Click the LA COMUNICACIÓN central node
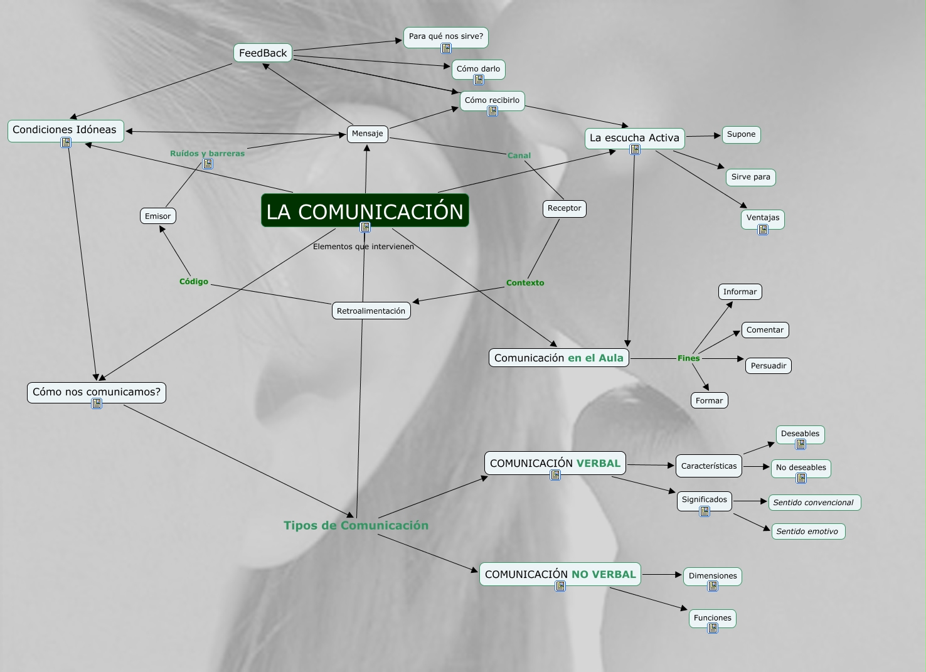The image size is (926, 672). point(365,211)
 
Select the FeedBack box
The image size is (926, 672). point(263,53)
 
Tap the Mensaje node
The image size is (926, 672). point(367,134)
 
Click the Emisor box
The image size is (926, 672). point(157,216)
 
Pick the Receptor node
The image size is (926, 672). point(564,208)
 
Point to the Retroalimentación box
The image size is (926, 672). point(371,311)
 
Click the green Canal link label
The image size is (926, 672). point(519,156)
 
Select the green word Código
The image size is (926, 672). point(194,282)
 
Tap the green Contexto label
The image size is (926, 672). point(525,283)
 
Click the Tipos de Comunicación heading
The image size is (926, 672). point(356,526)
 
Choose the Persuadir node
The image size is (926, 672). point(768,366)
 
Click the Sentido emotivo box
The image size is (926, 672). point(807,531)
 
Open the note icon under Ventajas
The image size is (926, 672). point(763,230)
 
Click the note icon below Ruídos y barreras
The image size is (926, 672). point(208,164)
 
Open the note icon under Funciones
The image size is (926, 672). point(713,628)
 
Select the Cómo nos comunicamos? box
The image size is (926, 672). point(97,392)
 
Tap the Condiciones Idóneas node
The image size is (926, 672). point(65,130)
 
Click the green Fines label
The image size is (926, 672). point(688,358)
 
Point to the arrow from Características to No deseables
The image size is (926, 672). point(757,467)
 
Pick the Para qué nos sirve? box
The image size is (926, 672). point(445,36)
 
